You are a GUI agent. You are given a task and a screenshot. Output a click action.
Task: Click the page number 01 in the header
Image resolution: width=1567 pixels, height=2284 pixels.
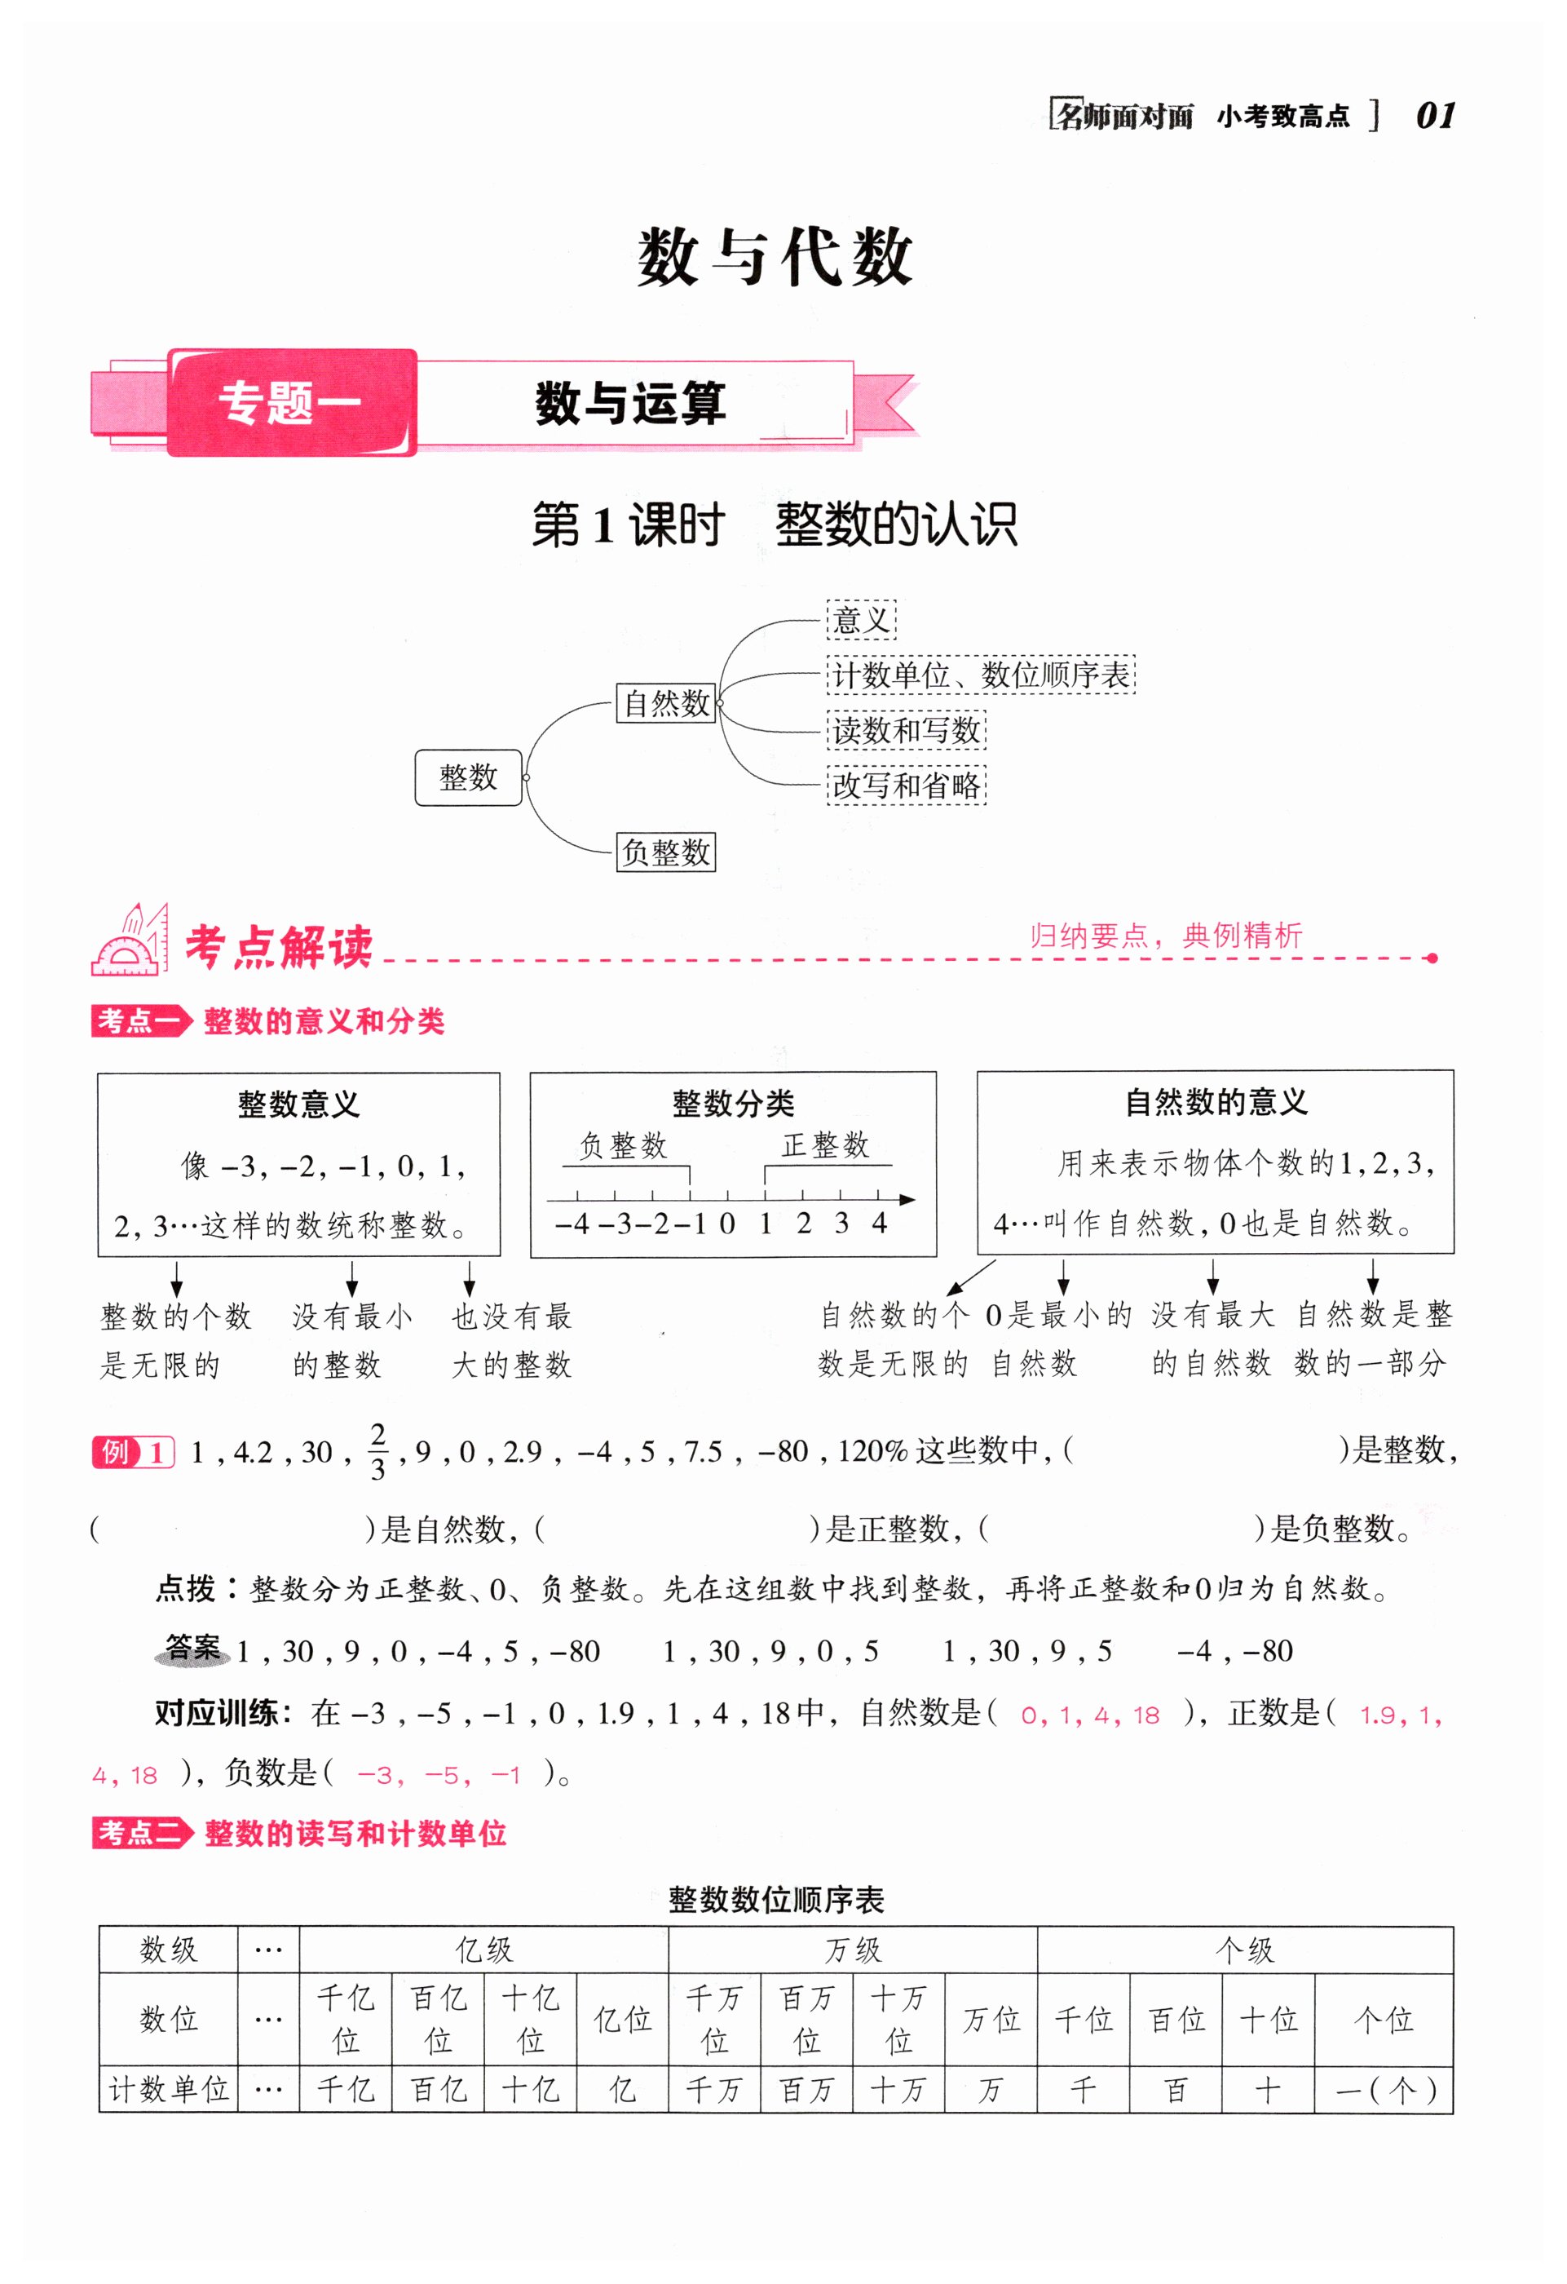[1436, 116]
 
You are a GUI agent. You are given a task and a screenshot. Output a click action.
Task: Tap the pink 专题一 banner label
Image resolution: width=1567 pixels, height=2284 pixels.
[291, 403]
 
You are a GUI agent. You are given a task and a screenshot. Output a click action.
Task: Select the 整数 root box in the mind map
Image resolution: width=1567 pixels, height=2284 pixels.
[468, 777]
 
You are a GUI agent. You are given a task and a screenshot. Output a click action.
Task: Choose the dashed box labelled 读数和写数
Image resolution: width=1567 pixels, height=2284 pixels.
[906, 730]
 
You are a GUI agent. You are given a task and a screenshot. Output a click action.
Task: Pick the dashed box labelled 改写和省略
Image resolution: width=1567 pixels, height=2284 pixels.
[906, 786]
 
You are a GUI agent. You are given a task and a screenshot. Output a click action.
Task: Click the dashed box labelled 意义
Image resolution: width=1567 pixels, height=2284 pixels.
[861, 620]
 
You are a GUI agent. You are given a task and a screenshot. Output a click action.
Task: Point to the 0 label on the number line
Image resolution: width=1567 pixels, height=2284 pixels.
[727, 1224]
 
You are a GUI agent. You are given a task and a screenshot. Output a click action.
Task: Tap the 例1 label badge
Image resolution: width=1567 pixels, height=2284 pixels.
[133, 1452]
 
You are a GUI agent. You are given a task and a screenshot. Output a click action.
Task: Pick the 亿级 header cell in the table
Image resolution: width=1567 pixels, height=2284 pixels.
[483, 1950]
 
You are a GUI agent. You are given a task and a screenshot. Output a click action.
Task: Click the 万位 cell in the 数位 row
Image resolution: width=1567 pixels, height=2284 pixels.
[991, 2020]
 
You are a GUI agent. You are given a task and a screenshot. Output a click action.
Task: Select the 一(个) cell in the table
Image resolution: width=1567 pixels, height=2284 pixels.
[1384, 2089]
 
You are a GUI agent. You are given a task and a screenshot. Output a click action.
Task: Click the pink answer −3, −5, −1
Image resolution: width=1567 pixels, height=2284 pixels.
[438, 1775]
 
